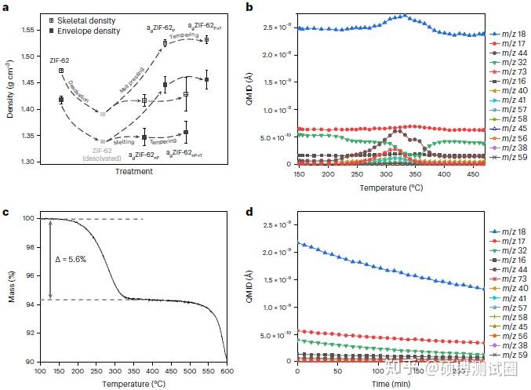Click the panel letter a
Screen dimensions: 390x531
pyautogui.click(x=6, y=7)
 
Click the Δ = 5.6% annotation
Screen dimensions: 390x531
pyautogui.click(x=69, y=258)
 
